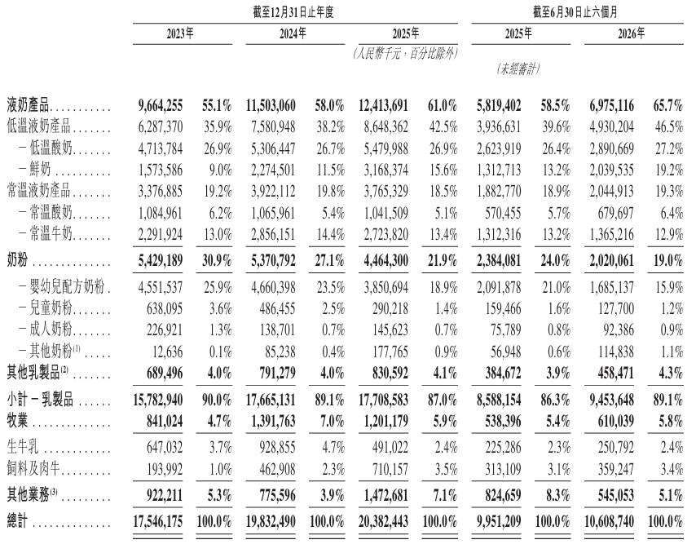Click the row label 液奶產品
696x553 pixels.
tap(28, 106)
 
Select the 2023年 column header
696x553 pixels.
tap(180, 33)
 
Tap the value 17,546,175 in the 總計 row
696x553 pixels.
tap(157, 521)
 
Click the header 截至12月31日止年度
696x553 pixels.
tap(293, 12)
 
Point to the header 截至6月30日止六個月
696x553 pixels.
tap(575, 12)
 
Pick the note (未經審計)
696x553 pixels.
tap(518, 69)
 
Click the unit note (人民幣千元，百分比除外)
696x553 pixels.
tap(405, 54)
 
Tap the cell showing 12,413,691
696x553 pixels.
tap(383, 106)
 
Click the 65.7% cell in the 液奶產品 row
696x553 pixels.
tap(668, 106)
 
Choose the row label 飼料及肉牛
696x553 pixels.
tap(33, 469)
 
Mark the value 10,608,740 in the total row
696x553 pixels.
tap(609, 521)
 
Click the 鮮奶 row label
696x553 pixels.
tap(40, 170)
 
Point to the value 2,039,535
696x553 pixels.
tap(612, 170)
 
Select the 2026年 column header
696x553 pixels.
tap(632, 33)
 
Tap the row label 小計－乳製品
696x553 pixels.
tap(40, 400)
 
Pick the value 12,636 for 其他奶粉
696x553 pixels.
tap(167, 352)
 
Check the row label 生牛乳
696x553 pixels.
tap(23, 447)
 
